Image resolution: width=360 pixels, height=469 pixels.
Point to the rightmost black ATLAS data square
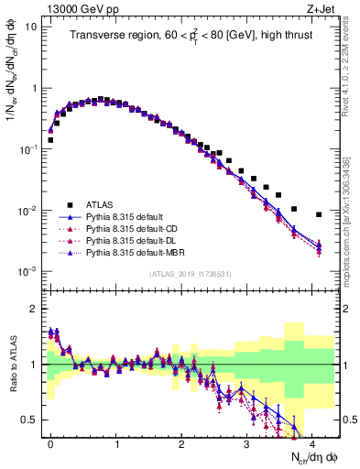point(319,214)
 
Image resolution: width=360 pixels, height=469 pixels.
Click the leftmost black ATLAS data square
point(50,140)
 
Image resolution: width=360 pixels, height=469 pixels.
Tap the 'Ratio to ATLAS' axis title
point(12,364)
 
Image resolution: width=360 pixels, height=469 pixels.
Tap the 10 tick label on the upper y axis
point(28,27)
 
